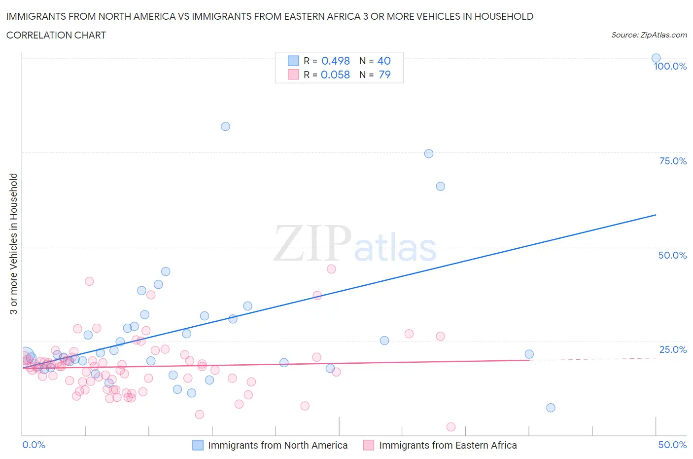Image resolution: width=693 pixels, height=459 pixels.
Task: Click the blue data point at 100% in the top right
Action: pyautogui.click(x=656, y=58)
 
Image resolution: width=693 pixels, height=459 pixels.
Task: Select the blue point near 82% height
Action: pyautogui.click(x=225, y=126)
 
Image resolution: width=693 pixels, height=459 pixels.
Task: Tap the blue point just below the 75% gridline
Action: pyautogui.click(x=429, y=153)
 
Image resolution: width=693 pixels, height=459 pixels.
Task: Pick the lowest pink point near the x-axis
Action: pyautogui.click(x=450, y=427)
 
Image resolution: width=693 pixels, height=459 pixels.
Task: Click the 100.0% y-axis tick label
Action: pyautogui.click(x=670, y=66)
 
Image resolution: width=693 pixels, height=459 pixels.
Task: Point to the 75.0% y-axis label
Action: pyautogui.click(x=673, y=161)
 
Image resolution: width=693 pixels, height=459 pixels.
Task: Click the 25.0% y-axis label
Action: pyautogui.click(x=673, y=349)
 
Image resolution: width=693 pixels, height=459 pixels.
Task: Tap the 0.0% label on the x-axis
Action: pyautogui.click(x=34, y=445)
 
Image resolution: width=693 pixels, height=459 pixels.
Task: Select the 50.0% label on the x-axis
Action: pyautogui.click(x=672, y=445)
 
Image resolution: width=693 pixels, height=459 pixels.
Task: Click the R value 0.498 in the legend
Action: pyautogui.click(x=336, y=61)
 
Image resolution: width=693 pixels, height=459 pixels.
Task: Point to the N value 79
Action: pyautogui.click(x=384, y=75)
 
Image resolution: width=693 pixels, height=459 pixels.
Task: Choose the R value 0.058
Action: pyautogui.click(x=335, y=75)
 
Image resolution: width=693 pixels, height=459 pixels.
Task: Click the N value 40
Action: pyautogui.click(x=384, y=61)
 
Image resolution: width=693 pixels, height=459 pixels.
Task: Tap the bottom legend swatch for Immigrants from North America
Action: pyautogui.click(x=198, y=445)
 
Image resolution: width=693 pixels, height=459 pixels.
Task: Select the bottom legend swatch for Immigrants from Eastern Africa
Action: pyautogui.click(x=368, y=445)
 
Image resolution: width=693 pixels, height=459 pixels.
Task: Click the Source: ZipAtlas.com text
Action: pyautogui.click(x=649, y=35)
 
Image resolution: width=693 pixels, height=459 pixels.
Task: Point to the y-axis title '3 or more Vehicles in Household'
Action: pyautogui.click(x=13, y=244)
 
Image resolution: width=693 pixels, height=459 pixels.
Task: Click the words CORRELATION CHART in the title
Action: pyautogui.click(x=56, y=35)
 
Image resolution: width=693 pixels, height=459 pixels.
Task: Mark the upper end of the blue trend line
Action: pyautogui.click(x=656, y=215)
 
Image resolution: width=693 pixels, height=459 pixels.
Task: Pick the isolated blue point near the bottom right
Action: pyautogui.click(x=551, y=408)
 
